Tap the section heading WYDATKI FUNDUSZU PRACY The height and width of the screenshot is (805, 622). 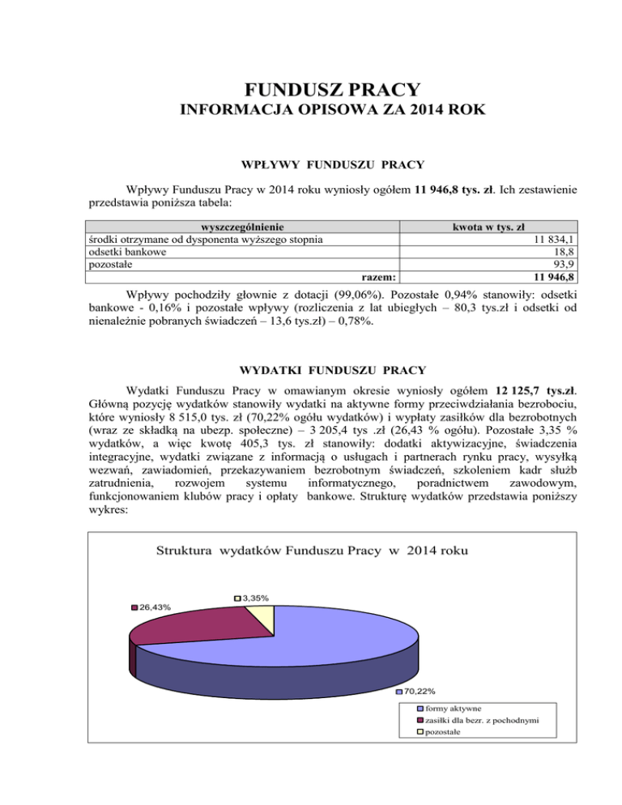click(311, 371)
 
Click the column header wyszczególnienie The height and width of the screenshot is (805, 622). click(235, 227)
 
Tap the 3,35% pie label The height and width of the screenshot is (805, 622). click(255, 598)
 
